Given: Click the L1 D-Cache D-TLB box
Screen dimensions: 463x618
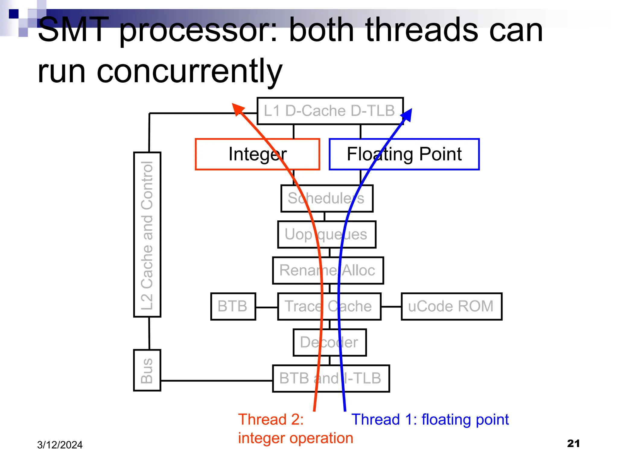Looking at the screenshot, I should [x=330, y=111].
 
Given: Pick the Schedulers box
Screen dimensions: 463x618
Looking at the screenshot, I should [x=327, y=198].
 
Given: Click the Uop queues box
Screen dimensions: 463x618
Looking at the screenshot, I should [x=327, y=235].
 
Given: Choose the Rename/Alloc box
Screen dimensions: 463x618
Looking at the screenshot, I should [x=328, y=270].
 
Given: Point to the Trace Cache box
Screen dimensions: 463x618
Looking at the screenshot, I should [x=329, y=306].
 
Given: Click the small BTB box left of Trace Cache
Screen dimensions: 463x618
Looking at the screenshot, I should [x=233, y=306].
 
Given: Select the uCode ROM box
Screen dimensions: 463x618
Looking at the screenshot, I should [x=451, y=306].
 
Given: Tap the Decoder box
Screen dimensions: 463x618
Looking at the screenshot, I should [x=330, y=342].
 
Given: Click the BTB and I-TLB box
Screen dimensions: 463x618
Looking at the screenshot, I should [x=331, y=378].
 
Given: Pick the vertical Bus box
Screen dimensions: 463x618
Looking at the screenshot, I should [x=147, y=370].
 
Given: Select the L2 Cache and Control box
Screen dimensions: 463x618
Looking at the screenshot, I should [x=147, y=235].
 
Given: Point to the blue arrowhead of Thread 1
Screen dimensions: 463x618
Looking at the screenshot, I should [x=407, y=115].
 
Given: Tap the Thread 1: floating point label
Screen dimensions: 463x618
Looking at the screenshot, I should [x=430, y=419].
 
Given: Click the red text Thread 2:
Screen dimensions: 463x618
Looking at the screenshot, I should [x=271, y=419].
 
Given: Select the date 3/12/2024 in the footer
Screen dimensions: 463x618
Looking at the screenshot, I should [x=60, y=445].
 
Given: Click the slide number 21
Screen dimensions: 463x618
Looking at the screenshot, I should [x=573, y=443].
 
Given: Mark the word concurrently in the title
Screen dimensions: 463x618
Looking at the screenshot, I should [x=190, y=72].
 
